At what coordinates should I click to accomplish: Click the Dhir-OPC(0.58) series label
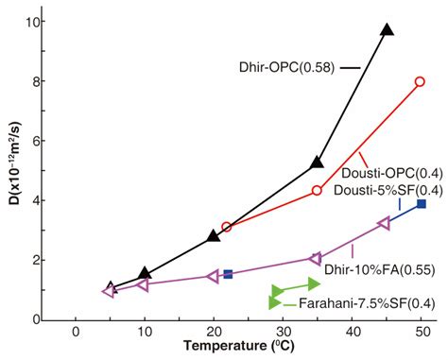[286, 67]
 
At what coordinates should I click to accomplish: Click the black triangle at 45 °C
[386, 30]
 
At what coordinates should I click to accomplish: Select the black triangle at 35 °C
[317, 163]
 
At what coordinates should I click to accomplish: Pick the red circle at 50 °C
[421, 82]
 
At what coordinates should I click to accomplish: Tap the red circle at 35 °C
[317, 191]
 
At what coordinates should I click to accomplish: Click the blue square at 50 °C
[421, 204]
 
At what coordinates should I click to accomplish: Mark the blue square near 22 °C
[228, 274]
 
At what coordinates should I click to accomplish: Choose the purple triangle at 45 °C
[384, 223]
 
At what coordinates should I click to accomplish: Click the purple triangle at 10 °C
[143, 283]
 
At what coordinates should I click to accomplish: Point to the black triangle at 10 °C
[144, 273]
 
